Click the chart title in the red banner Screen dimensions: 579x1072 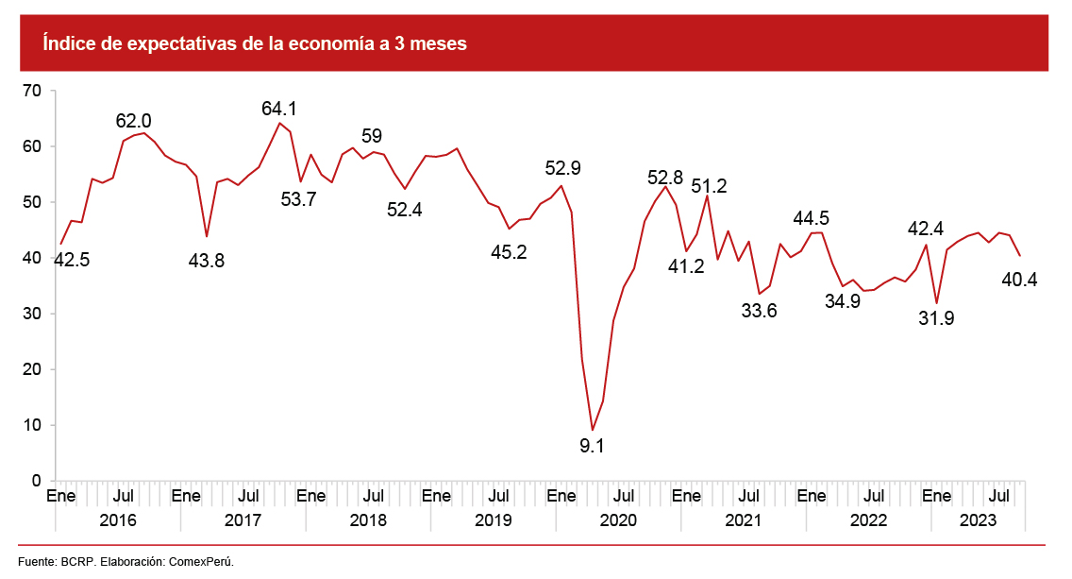click(x=254, y=43)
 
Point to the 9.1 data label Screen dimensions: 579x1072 click(x=592, y=446)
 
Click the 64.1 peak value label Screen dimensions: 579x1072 click(x=279, y=109)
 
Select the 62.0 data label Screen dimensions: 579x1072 click(x=133, y=121)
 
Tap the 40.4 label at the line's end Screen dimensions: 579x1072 click(x=1018, y=280)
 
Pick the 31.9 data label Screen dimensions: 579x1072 click(x=936, y=319)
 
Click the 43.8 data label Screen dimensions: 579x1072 click(x=207, y=261)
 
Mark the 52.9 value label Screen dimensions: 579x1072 click(x=562, y=169)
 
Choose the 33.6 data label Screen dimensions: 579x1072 click(x=759, y=312)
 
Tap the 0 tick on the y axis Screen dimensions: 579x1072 click(x=37, y=481)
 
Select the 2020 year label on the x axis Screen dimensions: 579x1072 click(x=618, y=520)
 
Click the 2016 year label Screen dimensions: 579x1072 click(x=118, y=520)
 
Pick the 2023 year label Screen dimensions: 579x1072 click(x=979, y=520)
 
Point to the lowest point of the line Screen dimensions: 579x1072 click(x=592, y=430)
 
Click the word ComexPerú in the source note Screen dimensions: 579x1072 click(x=207, y=562)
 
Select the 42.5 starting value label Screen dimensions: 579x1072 click(x=71, y=260)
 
